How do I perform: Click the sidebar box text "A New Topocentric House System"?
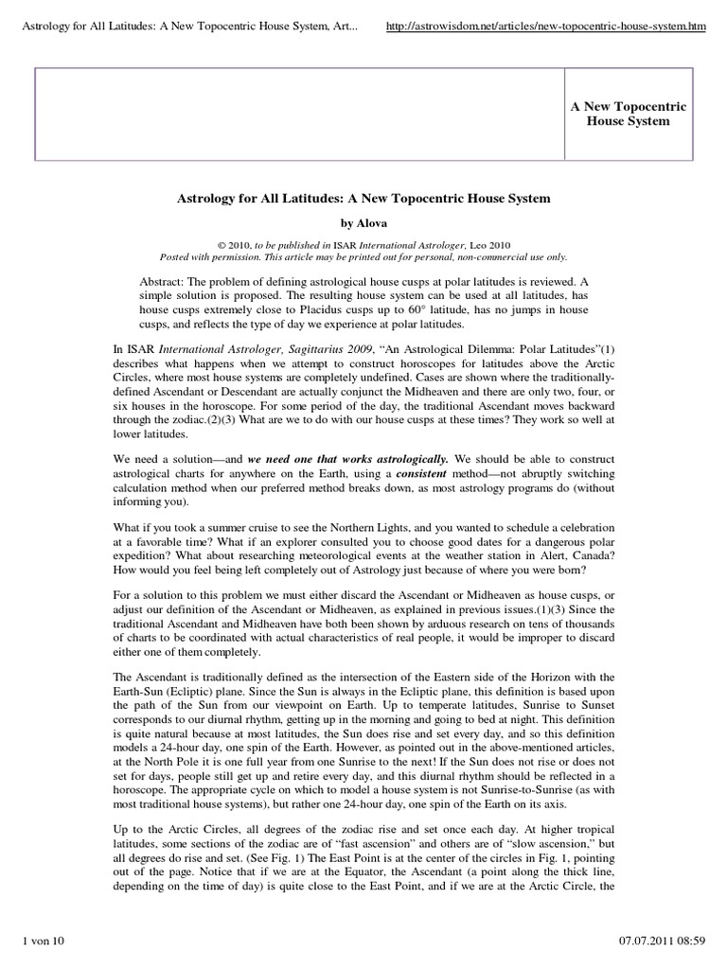[x=628, y=114]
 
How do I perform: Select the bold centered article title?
[x=363, y=200]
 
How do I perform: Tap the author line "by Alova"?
[x=363, y=223]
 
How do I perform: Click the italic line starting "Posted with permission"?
[x=363, y=256]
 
